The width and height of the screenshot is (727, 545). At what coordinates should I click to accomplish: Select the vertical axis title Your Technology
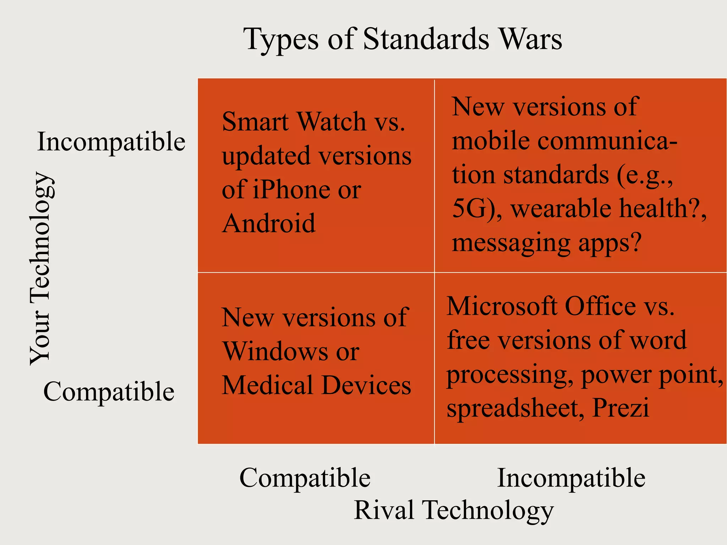click(42, 269)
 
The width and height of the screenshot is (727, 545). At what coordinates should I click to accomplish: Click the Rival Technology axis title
click(454, 510)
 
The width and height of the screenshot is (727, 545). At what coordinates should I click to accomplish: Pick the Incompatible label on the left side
click(111, 142)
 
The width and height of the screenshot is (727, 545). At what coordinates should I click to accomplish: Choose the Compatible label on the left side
click(109, 392)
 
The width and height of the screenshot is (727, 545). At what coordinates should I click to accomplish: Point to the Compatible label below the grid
click(305, 478)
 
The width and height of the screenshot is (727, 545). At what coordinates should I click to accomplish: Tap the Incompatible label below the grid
click(571, 478)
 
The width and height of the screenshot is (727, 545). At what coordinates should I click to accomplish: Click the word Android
click(269, 223)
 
